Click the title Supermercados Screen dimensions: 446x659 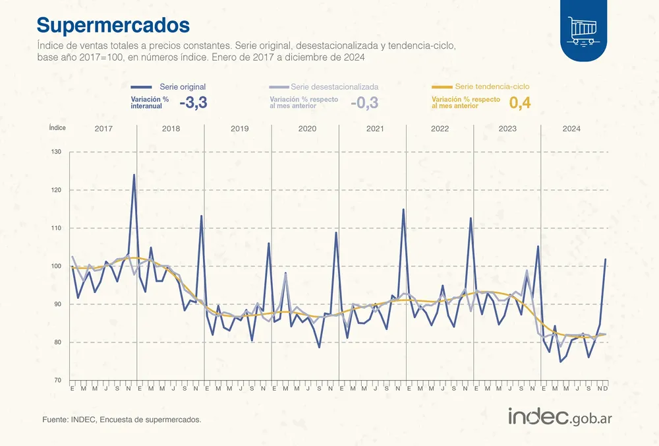pyautogui.click(x=113, y=24)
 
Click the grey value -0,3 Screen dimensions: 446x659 pyautogui.click(x=364, y=102)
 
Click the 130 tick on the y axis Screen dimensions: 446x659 pyautogui.click(x=56, y=152)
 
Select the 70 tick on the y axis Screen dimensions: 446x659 pyautogui.click(x=56, y=381)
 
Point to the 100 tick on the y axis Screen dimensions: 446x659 pyautogui.click(x=56, y=267)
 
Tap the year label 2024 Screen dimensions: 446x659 pyautogui.click(x=571, y=129)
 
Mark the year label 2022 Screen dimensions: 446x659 pyautogui.click(x=440, y=129)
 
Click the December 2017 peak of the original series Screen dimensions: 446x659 pyautogui.click(x=134, y=175)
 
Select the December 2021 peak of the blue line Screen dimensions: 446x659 pyautogui.click(x=403, y=210)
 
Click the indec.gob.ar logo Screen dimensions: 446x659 pyautogui.click(x=561, y=417)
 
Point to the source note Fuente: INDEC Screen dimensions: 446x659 pyautogui.click(x=121, y=420)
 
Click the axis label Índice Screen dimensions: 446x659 pyautogui.click(x=58, y=129)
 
